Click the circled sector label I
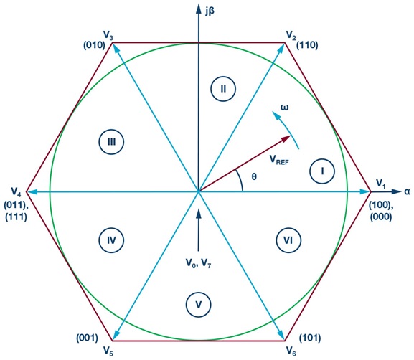click(322, 171)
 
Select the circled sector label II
click(223, 89)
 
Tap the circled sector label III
click(111, 142)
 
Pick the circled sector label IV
click(111, 240)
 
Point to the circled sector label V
click(198, 305)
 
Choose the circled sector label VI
click(288, 240)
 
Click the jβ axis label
click(210, 11)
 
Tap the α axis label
click(407, 192)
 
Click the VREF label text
click(279, 159)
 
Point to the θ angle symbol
click(254, 176)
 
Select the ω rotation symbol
click(284, 108)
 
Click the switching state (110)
click(307, 45)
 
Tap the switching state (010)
click(94, 45)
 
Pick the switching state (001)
click(87, 338)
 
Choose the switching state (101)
click(310, 338)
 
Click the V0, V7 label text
click(198, 263)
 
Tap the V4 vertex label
click(16, 192)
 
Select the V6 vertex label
click(291, 351)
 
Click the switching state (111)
click(16, 217)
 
